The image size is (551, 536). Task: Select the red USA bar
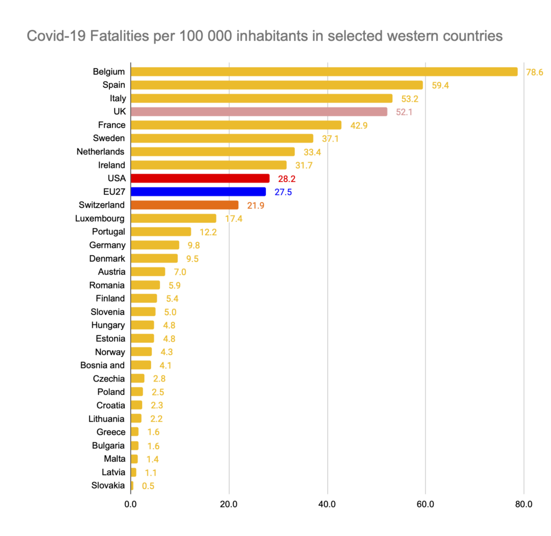200,178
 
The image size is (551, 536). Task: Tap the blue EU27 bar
198,192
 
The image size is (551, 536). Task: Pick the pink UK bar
259,111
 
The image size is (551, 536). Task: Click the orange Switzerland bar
184,205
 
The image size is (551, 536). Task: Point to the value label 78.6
534,72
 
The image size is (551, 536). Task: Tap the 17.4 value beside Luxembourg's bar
234,218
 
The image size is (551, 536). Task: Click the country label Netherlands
101,152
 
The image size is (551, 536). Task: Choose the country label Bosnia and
102,365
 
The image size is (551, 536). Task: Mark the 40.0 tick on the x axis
327,504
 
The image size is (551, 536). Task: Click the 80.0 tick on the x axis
524,504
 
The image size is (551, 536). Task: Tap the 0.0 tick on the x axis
130,504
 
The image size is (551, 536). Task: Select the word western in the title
415,36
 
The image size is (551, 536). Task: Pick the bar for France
236,125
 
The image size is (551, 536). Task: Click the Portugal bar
160,231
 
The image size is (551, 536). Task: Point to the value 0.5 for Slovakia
149,486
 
